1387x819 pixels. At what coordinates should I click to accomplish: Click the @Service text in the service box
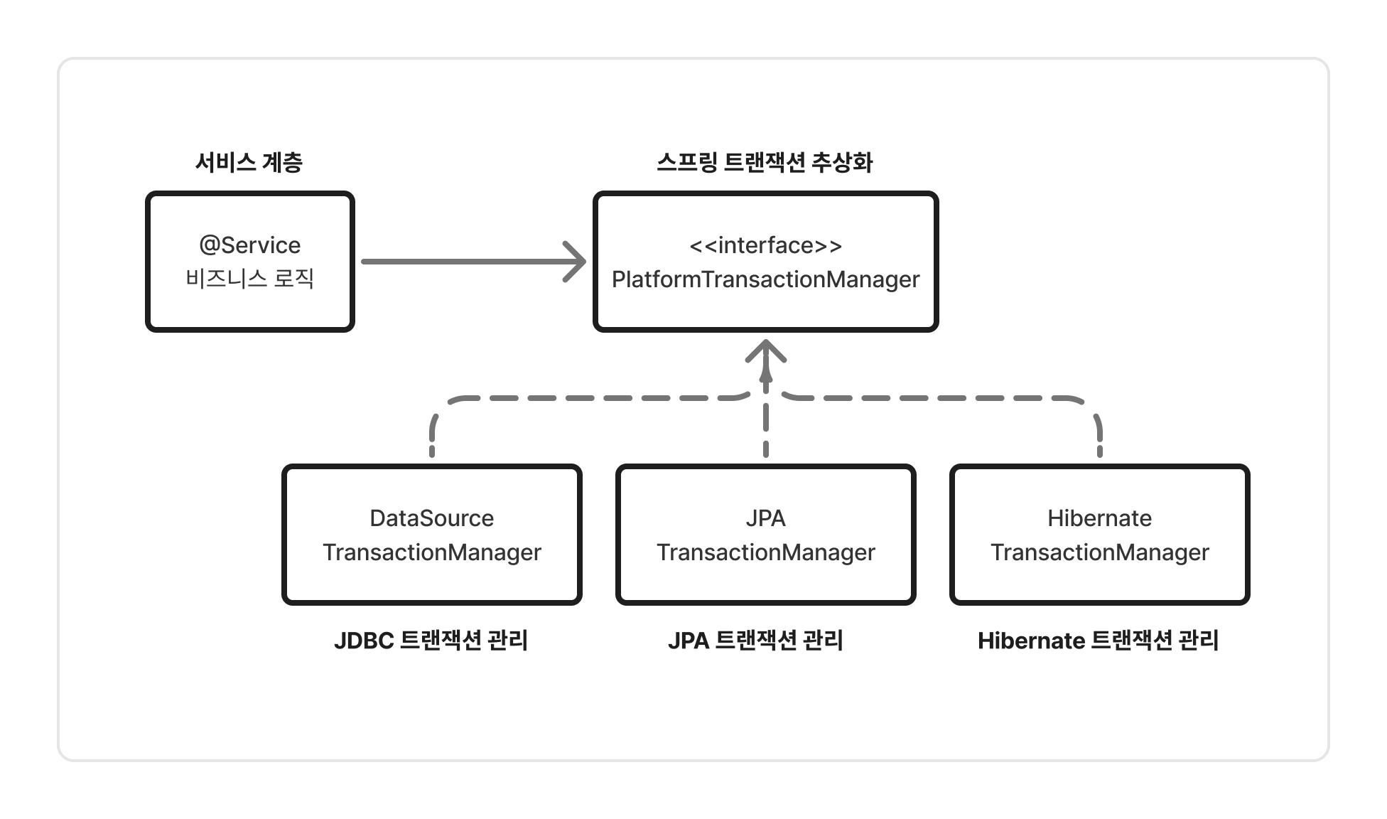click(x=250, y=245)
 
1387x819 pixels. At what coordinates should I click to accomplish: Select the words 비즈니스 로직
click(x=250, y=279)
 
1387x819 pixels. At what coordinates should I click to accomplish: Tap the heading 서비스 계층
click(x=249, y=163)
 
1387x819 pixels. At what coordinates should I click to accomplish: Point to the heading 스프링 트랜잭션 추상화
click(x=765, y=163)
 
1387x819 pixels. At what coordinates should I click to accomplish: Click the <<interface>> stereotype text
click(x=766, y=245)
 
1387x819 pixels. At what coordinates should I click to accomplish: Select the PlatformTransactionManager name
click(x=766, y=279)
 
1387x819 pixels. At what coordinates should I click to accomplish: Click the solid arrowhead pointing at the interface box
click(x=577, y=262)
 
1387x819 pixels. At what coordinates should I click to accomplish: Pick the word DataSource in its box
click(x=432, y=518)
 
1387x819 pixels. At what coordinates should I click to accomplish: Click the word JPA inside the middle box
click(x=766, y=518)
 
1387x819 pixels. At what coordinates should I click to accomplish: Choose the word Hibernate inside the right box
click(x=1100, y=518)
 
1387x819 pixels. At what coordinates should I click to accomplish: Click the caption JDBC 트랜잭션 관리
click(x=431, y=641)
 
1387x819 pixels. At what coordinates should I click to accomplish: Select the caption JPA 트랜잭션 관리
click(x=756, y=641)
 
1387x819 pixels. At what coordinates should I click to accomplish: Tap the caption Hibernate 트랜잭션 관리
click(x=1099, y=641)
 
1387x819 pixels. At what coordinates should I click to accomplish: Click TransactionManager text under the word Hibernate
click(x=1100, y=552)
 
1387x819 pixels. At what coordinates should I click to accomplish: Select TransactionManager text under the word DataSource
click(x=432, y=552)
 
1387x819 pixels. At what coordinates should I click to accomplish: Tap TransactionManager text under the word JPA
click(x=766, y=552)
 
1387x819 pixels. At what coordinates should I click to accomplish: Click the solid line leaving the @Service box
click(x=462, y=262)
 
